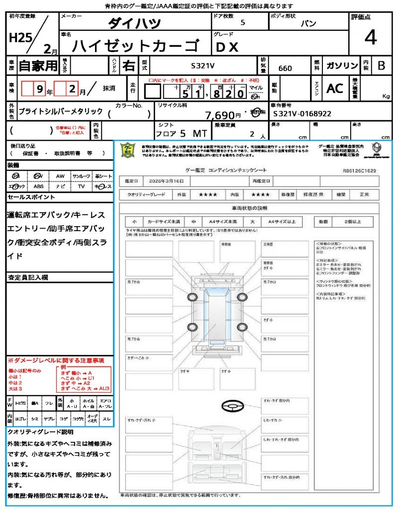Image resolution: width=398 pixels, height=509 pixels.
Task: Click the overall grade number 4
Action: (370, 38)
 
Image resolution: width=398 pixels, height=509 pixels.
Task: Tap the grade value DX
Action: (227, 47)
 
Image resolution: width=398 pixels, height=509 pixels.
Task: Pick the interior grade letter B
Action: (381, 66)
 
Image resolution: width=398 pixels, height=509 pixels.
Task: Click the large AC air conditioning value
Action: (335, 88)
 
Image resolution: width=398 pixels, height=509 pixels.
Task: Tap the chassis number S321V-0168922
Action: (302, 114)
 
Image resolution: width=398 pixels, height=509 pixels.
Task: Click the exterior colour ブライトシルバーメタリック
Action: (61, 111)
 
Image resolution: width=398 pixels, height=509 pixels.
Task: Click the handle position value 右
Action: (128, 66)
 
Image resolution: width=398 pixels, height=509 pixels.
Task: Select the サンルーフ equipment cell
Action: (81, 176)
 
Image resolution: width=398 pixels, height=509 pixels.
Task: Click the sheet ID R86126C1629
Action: (359, 170)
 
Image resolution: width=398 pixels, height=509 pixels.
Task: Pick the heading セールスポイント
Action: (31, 197)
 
